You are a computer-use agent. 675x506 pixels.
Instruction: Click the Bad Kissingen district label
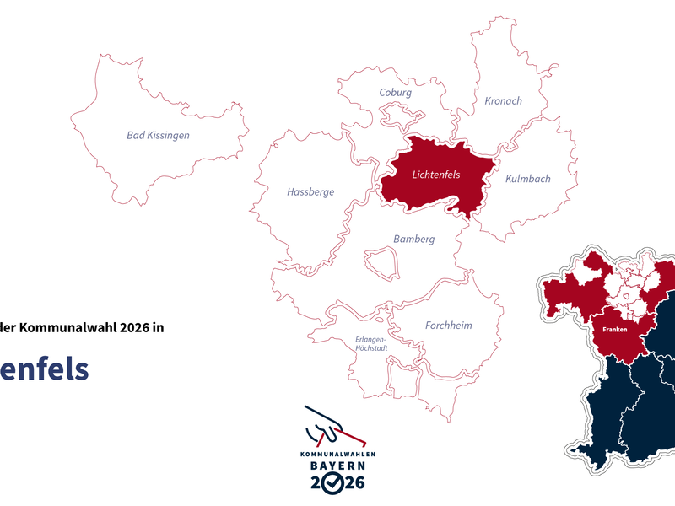pos(158,135)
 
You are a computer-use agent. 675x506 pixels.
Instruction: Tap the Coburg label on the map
pos(395,93)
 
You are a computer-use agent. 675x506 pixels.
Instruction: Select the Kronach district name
pos(503,101)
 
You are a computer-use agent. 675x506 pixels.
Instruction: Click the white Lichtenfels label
pos(435,175)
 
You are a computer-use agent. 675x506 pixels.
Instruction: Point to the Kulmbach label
pos(527,179)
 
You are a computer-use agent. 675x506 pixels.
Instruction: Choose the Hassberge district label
pos(310,192)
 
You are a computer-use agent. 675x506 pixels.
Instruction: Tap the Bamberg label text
pos(413,240)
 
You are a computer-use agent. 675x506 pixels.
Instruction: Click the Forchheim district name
pos(448,326)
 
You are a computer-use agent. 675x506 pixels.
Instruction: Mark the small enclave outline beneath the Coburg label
pos(397,114)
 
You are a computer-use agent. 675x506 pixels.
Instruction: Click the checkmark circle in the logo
pos(335,483)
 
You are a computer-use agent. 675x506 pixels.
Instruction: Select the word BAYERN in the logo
pos(335,465)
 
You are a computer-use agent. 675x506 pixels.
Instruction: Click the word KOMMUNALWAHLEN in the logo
pos(337,454)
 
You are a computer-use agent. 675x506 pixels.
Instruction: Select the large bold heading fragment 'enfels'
pos(44,369)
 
